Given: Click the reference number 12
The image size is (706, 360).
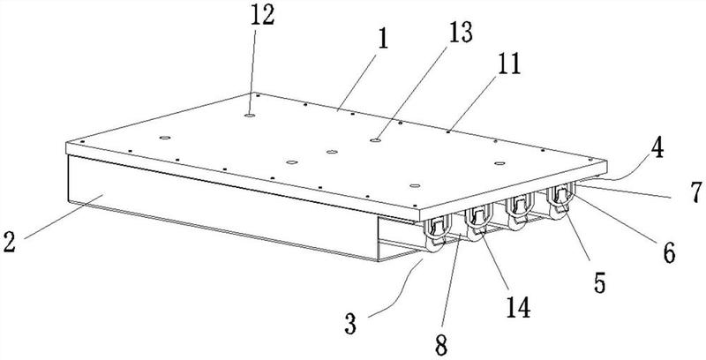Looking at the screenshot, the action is tap(261, 16).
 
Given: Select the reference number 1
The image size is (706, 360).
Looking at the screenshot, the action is tap(383, 40).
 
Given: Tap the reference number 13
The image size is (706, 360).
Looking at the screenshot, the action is tap(460, 33).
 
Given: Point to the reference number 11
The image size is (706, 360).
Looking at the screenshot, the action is tap(509, 64).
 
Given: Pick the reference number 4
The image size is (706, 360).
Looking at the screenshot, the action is tap(657, 148).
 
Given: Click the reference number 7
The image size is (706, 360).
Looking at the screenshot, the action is tap(696, 192).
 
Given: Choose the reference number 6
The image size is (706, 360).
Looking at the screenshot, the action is tap(669, 253).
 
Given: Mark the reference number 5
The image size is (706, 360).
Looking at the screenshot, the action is tap(599, 283).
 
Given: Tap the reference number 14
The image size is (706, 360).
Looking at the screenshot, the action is tap(518, 308).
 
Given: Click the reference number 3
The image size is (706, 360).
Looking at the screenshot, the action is tap(350, 324).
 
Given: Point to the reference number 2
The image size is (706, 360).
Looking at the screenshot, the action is tap(9, 242).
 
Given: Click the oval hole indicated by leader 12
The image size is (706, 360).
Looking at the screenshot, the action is tap(250, 116).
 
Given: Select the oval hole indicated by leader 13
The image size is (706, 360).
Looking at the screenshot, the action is tap(376, 140).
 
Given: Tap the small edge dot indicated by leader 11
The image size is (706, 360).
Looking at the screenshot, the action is tap(448, 131).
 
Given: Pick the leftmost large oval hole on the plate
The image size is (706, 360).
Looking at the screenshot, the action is tap(165, 138).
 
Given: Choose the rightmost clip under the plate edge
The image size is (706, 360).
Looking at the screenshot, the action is tap(560, 200).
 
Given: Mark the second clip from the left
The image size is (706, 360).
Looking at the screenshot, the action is tap(477, 221).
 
